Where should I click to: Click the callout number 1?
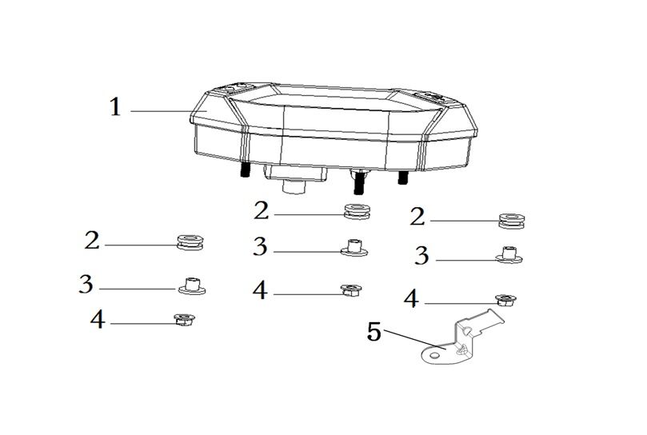tap(115, 106)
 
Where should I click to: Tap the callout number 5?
tap(374, 332)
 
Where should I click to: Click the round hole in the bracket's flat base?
tap(434, 355)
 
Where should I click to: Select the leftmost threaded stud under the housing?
tap(243, 170)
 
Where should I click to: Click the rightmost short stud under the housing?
tap(402, 178)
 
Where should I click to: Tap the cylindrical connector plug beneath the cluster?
tap(294, 187)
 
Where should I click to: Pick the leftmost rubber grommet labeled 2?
tap(190, 242)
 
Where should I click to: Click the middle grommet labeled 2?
tap(357, 211)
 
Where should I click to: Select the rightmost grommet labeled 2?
tap(512, 221)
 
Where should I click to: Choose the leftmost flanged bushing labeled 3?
tap(192, 285)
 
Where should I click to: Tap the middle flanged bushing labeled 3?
tap(354, 248)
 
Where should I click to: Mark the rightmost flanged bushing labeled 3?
tap(509, 255)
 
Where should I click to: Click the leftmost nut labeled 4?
tap(184, 320)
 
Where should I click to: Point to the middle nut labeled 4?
tap(351, 290)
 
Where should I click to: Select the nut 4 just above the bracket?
tap(506, 300)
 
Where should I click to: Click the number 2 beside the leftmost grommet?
tap(92, 240)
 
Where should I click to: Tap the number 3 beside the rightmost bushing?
tap(421, 255)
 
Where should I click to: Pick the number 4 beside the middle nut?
tap(260, 290)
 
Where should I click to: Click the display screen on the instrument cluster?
tap(330, 99)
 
